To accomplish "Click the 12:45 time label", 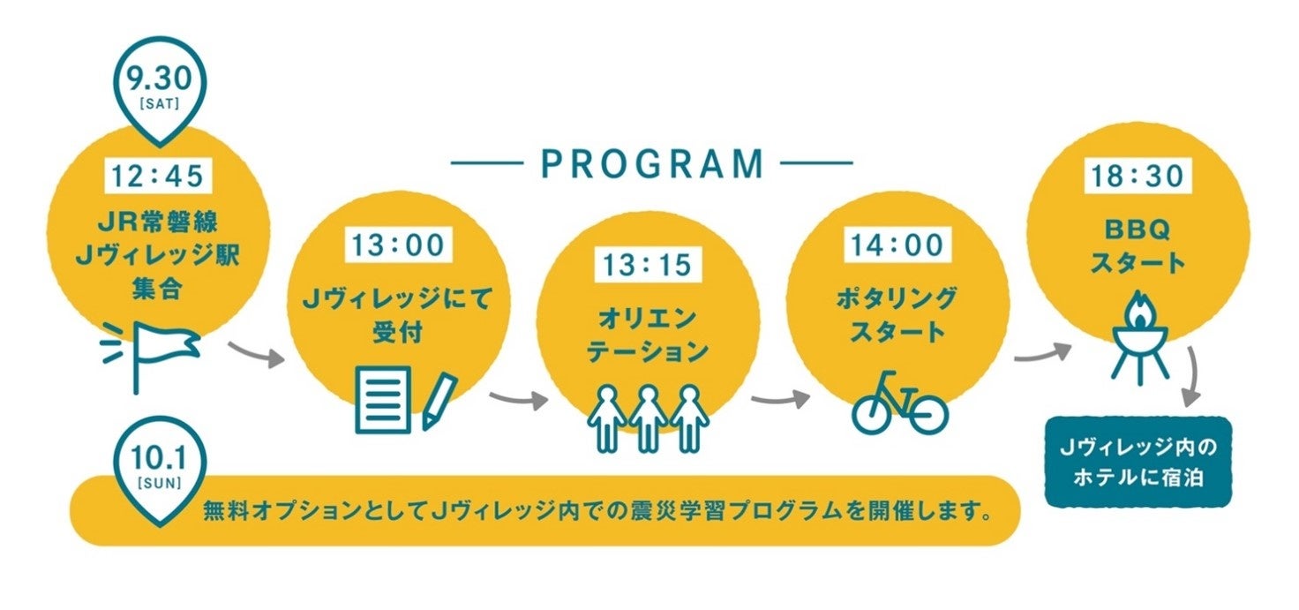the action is point(159,177).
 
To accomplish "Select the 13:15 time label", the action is point(649,263).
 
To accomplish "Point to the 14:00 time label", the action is point(897,245).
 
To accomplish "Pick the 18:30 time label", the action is point(1137,176).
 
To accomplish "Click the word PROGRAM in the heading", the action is point(651,163).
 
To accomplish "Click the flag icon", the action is point(159,349).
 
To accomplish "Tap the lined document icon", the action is point(383,399).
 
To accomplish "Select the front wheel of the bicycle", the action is point(926,413).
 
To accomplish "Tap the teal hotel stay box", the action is point(1137,462).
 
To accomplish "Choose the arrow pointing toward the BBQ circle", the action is point(1041,354).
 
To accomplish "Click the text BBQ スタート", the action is point(1137,247).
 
